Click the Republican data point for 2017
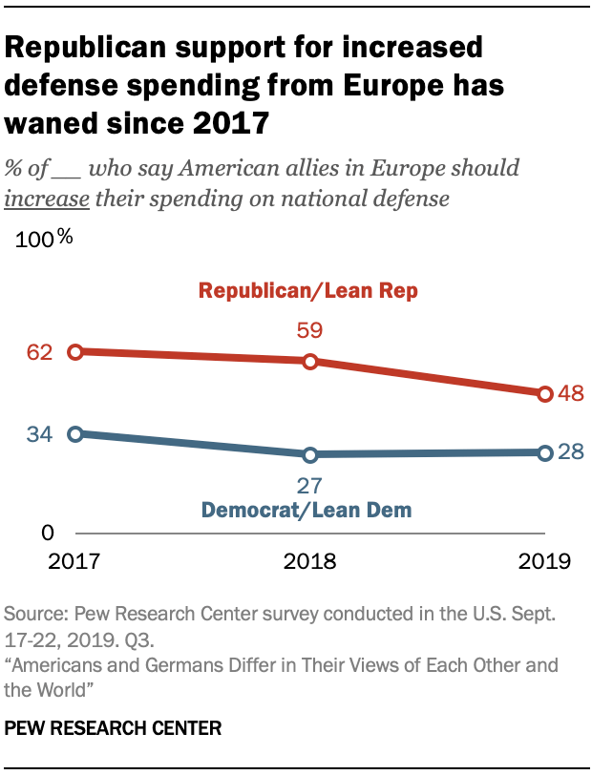(x=75, y=352)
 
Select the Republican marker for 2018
(x=309, y=362)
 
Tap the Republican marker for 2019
(x=544, y=393)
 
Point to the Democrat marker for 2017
(x=75, y=433)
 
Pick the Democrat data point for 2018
(x=309, y=454)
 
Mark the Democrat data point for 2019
(x=544, y=452)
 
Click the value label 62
(x=39, y=352)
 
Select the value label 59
(x=309, y=331)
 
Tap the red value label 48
(x=571, y=393)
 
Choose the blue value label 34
(x=39, y=434)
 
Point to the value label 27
(x=309, y=484)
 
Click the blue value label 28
(x=571, y=451)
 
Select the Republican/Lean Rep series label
(x=307, y=291)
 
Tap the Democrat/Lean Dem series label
(x=307, y=510)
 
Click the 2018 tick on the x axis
(x=309, y=561)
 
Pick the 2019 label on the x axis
(x=544, y=561)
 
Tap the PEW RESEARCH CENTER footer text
(x=114, y=728)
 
